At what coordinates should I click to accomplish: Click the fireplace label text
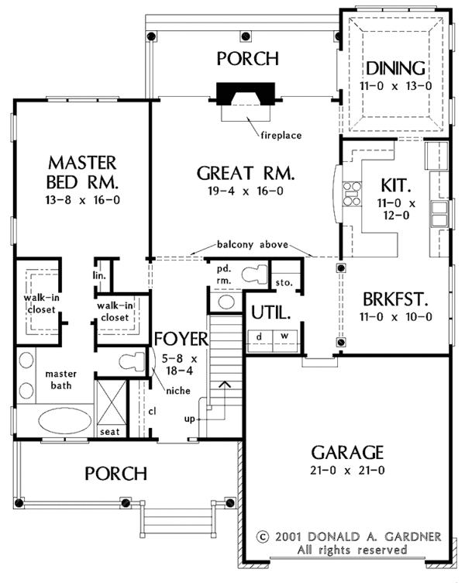coord(281,136)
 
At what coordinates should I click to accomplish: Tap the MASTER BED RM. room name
coord(82,173)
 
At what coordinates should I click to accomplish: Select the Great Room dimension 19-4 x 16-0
coord(246,191)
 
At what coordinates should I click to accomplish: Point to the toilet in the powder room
coord(255,274)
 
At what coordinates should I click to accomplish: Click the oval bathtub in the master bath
coord(64,420)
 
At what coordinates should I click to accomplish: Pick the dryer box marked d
coord(260,340)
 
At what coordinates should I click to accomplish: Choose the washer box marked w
coord(285,340)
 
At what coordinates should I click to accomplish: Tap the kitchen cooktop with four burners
coord(352,193)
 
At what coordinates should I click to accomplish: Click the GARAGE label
coord(347,453)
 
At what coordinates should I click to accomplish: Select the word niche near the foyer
coord(178,391)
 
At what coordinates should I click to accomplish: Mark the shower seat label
coord(109,432)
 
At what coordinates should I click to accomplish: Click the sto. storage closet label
coord(284,282)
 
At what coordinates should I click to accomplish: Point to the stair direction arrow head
coord(224,384)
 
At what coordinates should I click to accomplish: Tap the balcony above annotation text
coord(253,245)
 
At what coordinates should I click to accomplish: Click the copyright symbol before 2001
coord(263,537)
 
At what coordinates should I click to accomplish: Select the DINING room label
coord(396,68)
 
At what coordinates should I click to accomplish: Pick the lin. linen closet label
coord(100,276)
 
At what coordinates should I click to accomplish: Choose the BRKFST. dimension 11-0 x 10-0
coord(395,317)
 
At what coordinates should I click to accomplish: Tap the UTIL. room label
coord(270,312)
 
